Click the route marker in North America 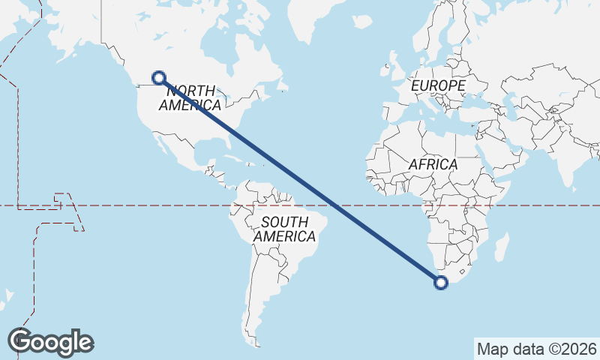158,76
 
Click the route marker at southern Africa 441,283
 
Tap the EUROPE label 439,86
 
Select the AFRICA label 433,163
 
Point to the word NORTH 190,91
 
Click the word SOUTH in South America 284,222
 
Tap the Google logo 51,341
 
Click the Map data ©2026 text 537,349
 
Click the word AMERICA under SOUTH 284,236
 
